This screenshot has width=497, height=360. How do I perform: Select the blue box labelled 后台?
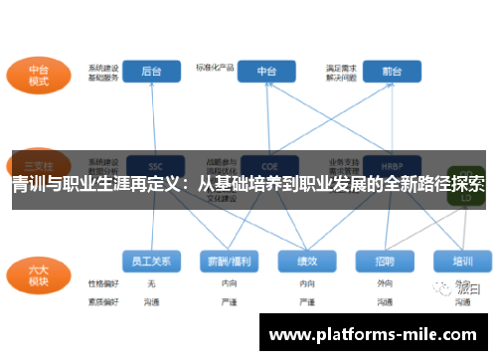[151, 72]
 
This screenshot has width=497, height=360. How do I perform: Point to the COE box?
[267, 165]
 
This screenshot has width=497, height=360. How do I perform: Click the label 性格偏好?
[102, 284]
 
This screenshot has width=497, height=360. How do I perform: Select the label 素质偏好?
[102, 299]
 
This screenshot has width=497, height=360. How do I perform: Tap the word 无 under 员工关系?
[150, 284]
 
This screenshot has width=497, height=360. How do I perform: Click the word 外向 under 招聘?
[384, 284]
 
